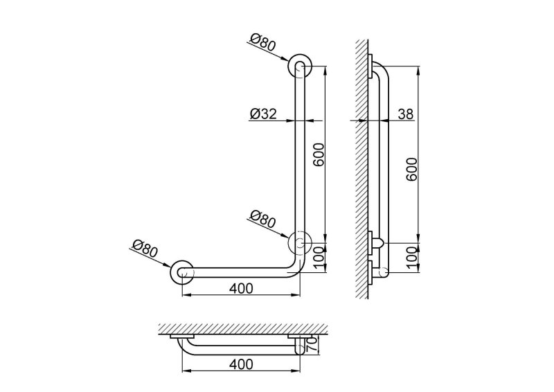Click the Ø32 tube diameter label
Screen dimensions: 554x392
263,114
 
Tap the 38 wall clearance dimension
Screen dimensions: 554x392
405,114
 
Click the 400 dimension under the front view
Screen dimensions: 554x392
241,288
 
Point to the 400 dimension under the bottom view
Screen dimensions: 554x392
241,364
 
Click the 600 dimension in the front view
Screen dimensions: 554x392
319,155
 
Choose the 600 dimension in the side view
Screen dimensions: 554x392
411,170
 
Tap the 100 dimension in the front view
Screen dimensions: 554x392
319,258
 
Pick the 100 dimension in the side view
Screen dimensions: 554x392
411,258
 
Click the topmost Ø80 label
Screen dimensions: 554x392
263,43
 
